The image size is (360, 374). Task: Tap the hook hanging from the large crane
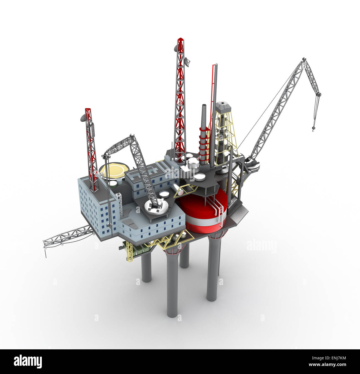pyautogui.click(x=313, y=128)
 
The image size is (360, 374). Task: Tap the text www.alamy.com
pyautogui.click(x=330, y=365)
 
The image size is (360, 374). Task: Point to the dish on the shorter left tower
pyautogui.click(x=83, y=119)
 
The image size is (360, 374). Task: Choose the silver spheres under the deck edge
pyautogui.click(x=175, y=237)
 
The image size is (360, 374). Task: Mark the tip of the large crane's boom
pyautogui.click(x=304, y=59)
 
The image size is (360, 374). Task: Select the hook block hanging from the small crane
pyautogui.click(x=105, y=157)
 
